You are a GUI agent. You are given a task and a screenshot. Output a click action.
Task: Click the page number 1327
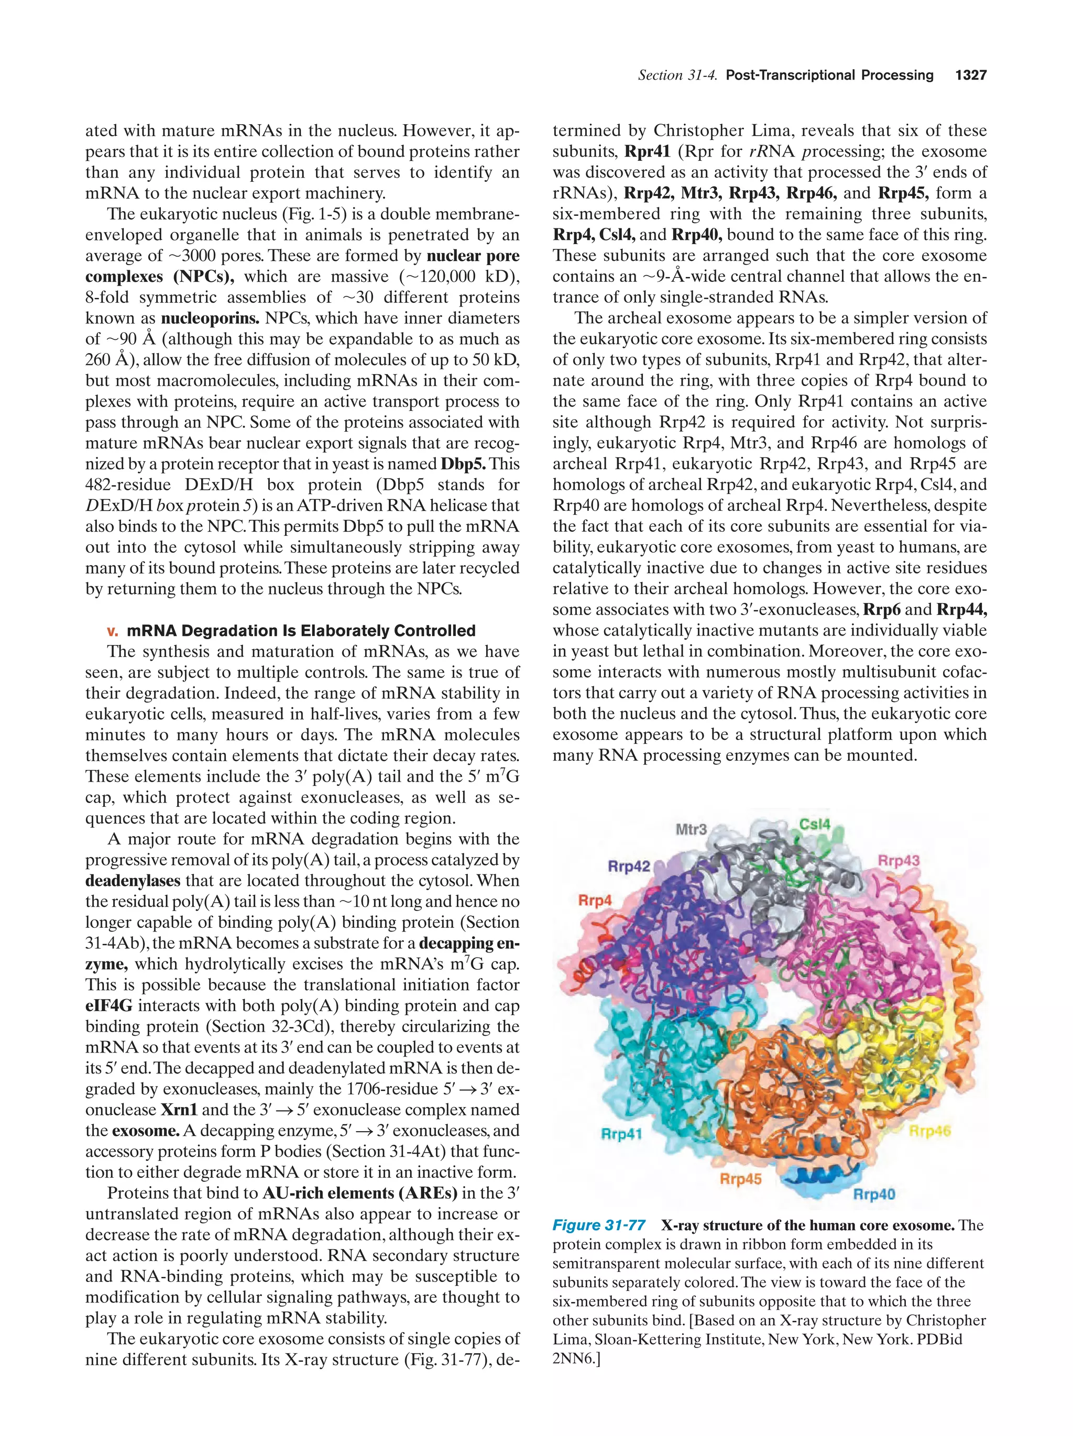(970, 75)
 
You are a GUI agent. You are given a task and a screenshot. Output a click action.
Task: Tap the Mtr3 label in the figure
(691, 829)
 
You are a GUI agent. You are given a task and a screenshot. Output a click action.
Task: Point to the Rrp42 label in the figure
(628, 866)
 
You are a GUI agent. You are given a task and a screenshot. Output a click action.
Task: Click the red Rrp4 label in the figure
(595, 901)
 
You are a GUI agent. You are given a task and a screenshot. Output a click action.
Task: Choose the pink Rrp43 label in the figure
(899, 861)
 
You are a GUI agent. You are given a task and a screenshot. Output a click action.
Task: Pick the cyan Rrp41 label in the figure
(621, 1134)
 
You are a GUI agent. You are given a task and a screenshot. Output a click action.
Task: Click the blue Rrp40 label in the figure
(874, 1194)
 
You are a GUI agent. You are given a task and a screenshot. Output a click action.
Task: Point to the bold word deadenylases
(133, 881)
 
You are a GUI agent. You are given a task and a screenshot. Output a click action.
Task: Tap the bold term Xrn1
(179, 1110)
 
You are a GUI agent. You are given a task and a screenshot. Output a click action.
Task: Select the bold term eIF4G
(108, 1005)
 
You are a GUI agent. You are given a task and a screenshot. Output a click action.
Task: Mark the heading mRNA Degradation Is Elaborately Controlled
(301, 630)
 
